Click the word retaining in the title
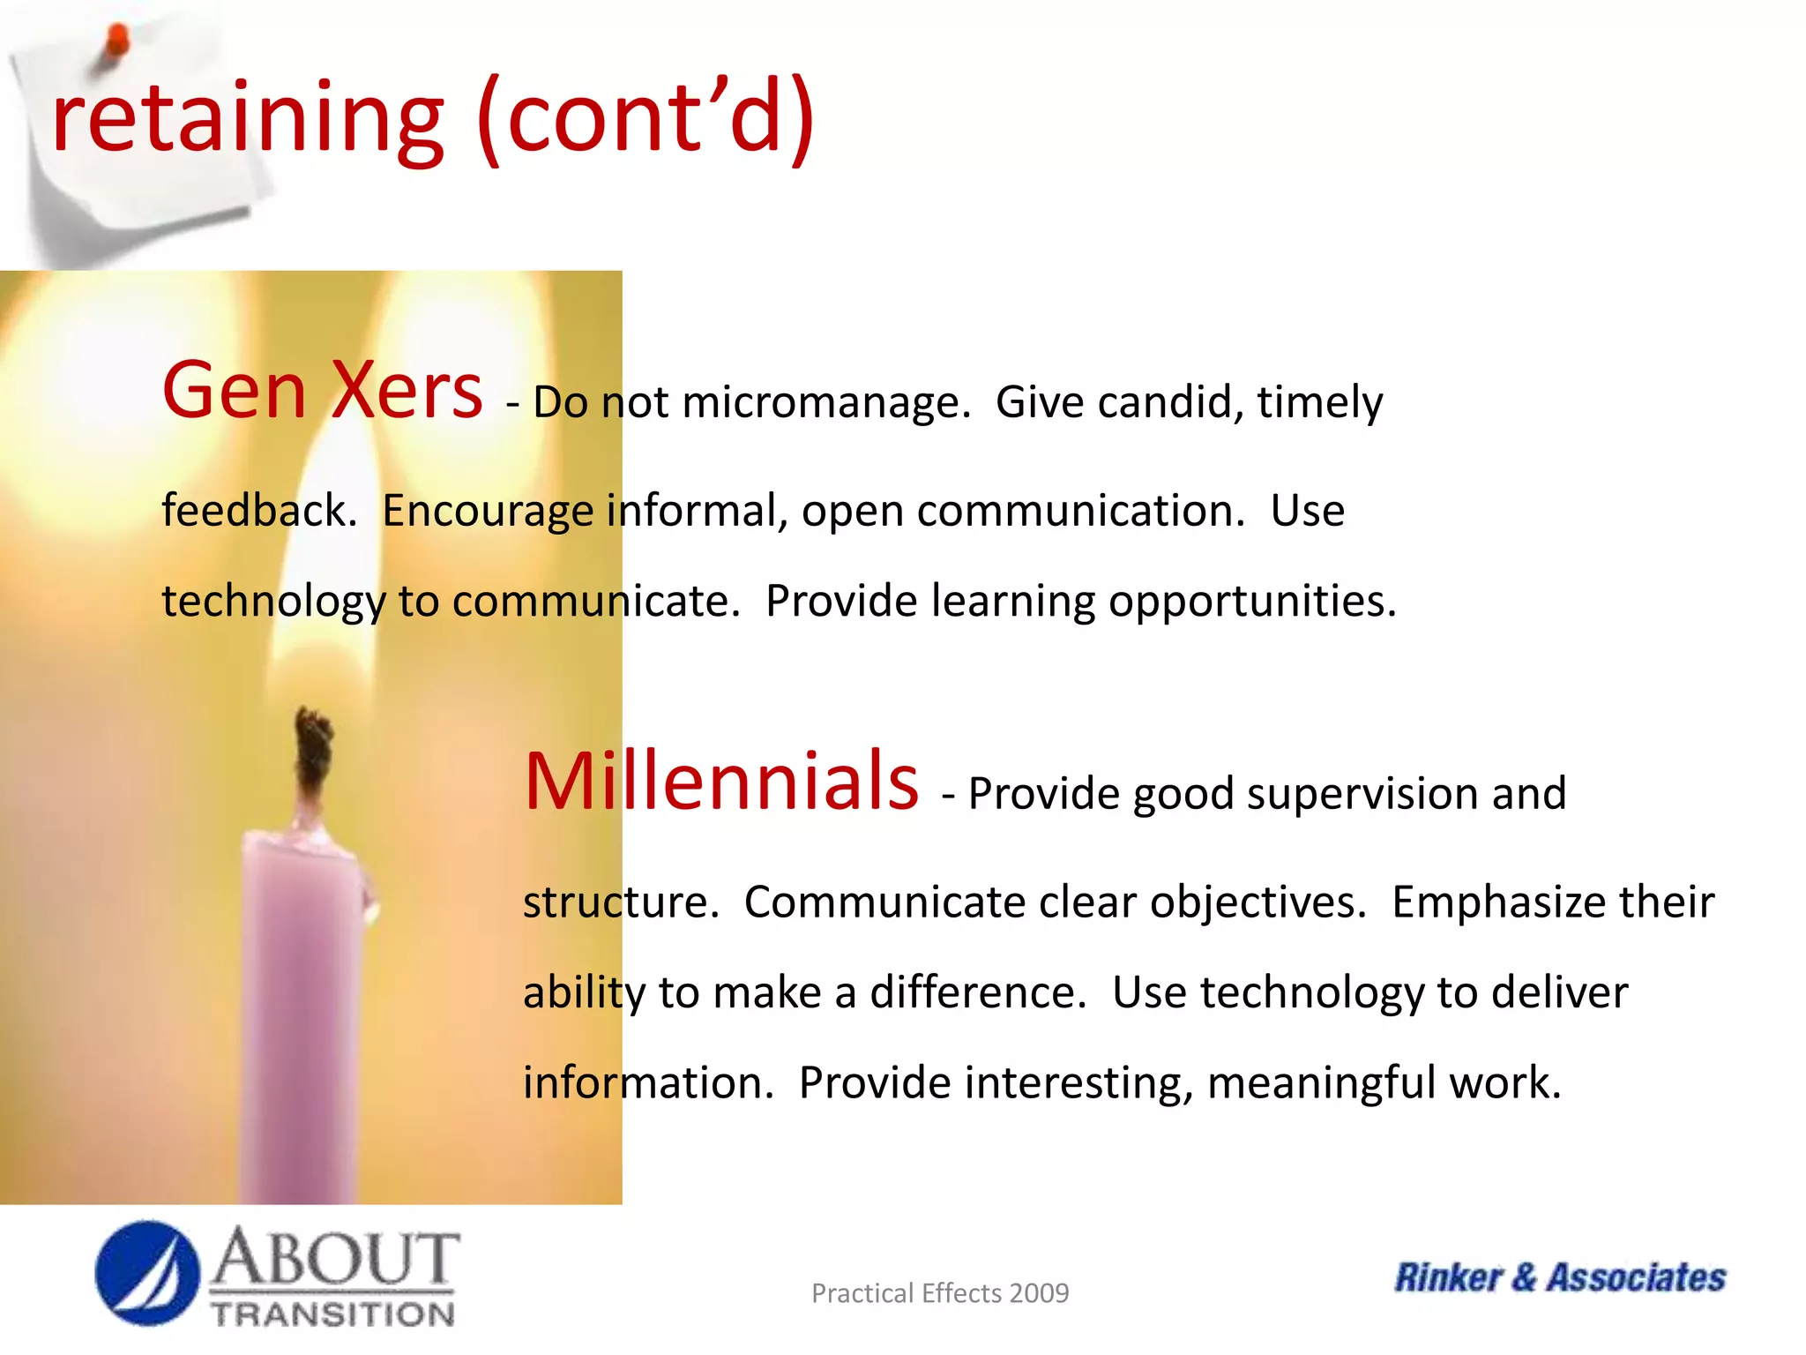(248, 119)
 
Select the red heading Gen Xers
(322, 390)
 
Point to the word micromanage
(825, 403)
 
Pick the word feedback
(259, 511)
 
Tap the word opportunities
(1252, 603)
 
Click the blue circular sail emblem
(146, 1273)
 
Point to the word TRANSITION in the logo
(332, 1314)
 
